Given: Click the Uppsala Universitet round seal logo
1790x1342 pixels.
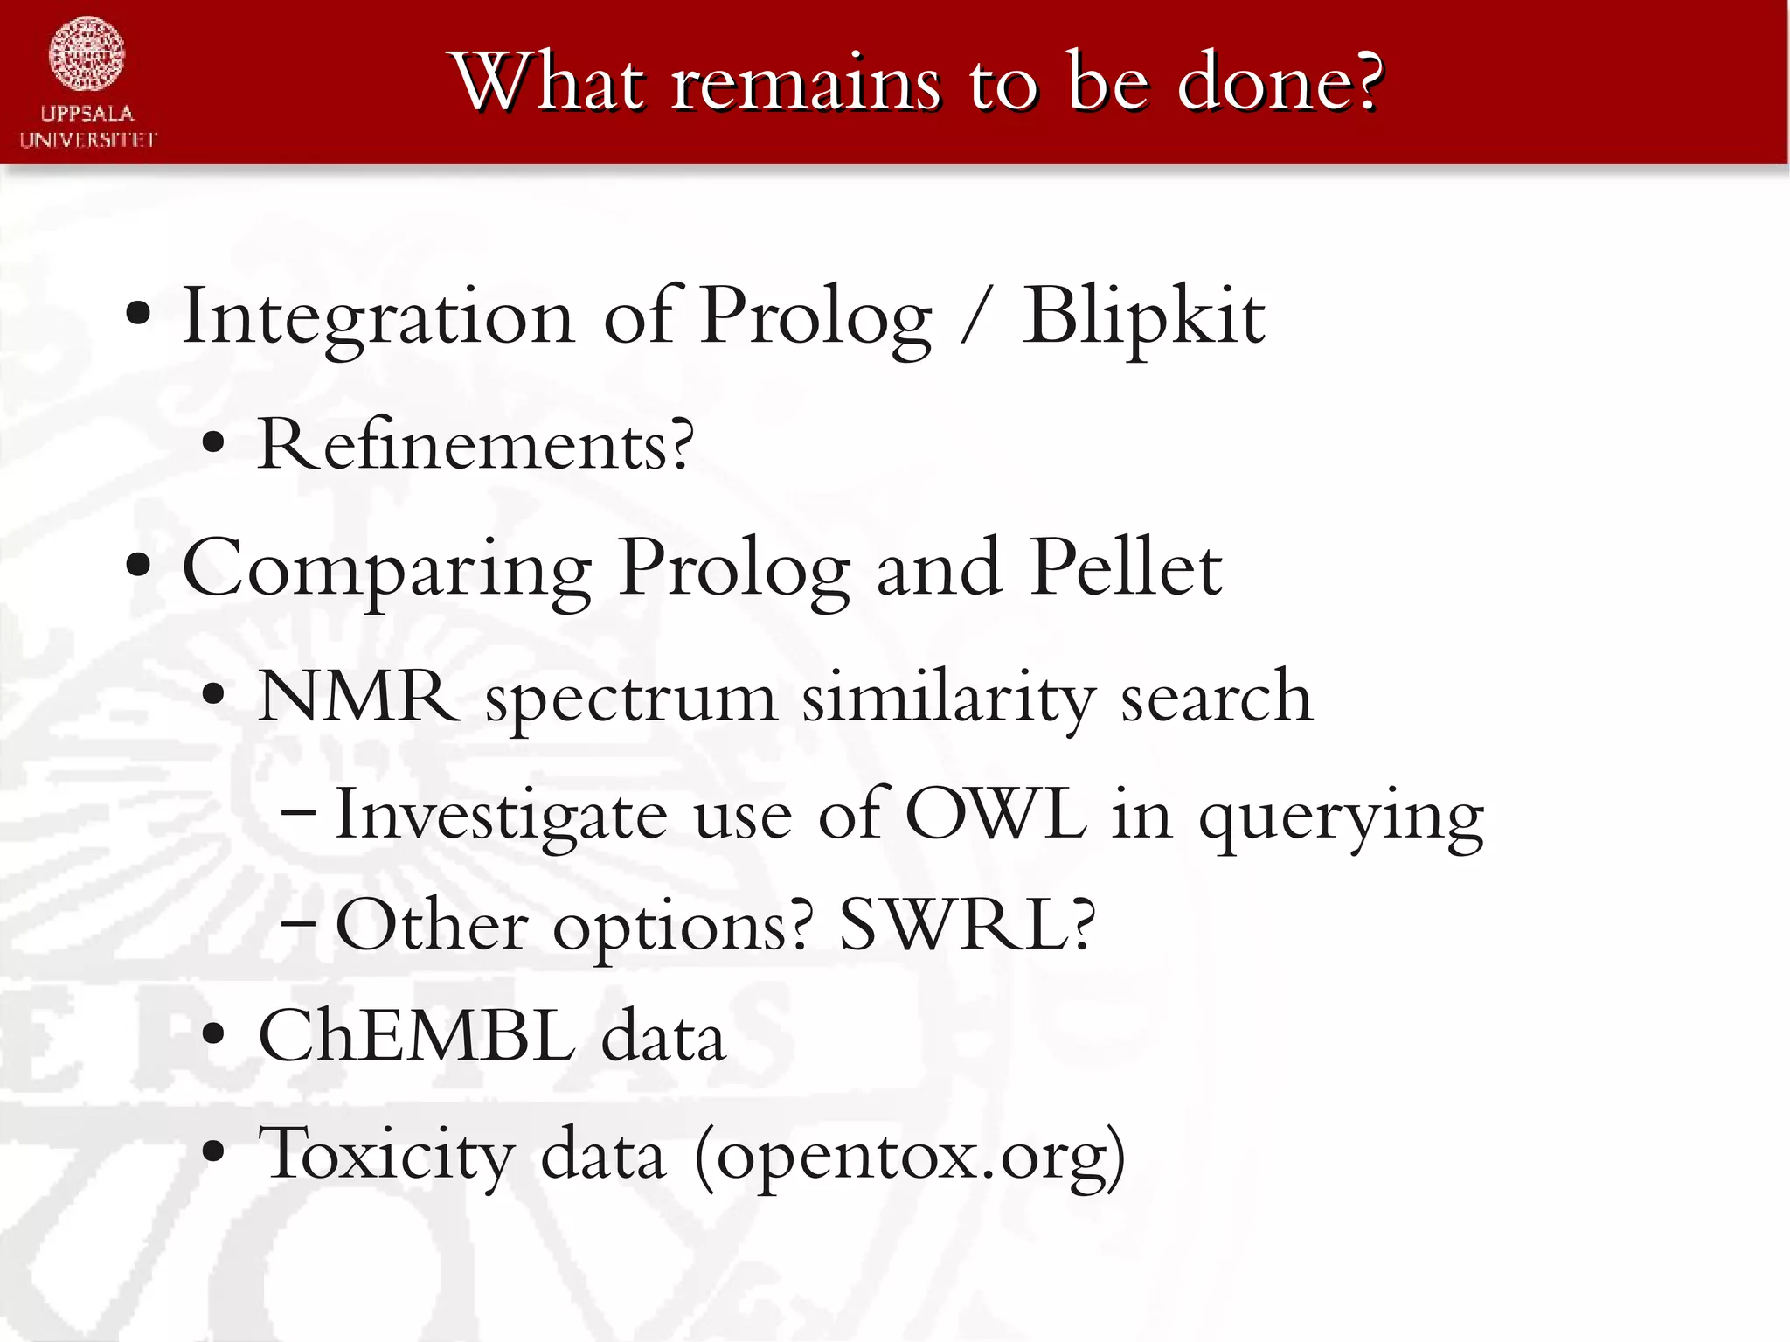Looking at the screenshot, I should (87, 54).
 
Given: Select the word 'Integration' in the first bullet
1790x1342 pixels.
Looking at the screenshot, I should (377, 317).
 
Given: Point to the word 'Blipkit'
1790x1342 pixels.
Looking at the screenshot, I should (1143, 317).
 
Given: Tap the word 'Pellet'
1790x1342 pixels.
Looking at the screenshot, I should (1126, 568).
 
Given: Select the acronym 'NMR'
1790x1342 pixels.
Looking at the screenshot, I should (358, 697).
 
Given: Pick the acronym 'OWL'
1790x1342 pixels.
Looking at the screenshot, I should (996, 814).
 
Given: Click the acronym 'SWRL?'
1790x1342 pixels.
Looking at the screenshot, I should (967, 925).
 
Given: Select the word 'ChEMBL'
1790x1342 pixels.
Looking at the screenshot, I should (417, 1036).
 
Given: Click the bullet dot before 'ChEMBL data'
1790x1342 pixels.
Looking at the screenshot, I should (213, 1036).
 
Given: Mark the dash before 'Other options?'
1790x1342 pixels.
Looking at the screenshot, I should (298, 925).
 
